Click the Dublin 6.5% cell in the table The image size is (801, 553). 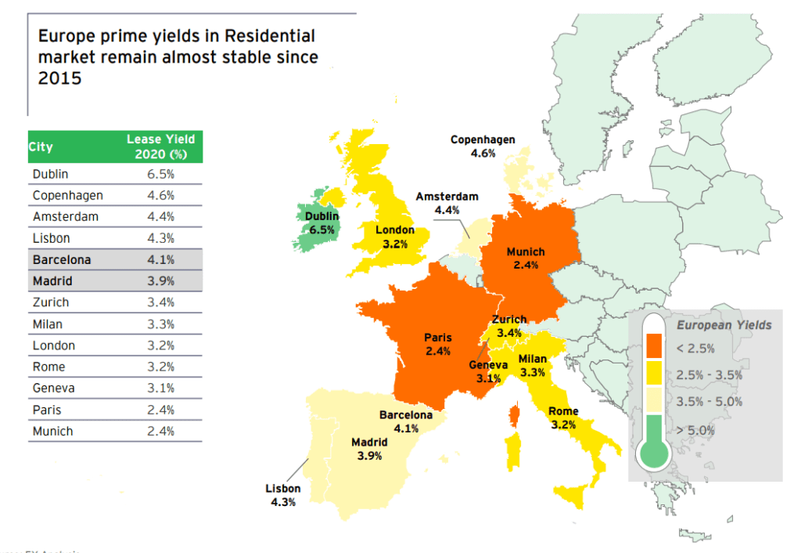[x=160, y=174]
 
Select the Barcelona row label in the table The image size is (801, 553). [x=62, y=259]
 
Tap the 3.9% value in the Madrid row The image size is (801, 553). [x=160, y=281]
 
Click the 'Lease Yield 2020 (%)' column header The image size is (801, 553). [x=160, y=146]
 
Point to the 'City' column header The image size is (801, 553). [x=41, y=146]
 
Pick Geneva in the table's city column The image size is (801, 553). [x=54, y=389]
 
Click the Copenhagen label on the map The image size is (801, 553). [x=483, y=140]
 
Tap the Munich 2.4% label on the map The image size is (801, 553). [x=526, y=258]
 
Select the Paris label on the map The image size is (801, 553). [x=438, y=338]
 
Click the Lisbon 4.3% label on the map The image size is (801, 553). [x=282, y=495]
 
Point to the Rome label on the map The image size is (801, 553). [x=563, y=412]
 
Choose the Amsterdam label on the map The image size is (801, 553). [x=447, y=197]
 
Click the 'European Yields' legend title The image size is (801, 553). [x=724, y=325]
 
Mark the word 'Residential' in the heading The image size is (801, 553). [x=268, y=36]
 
